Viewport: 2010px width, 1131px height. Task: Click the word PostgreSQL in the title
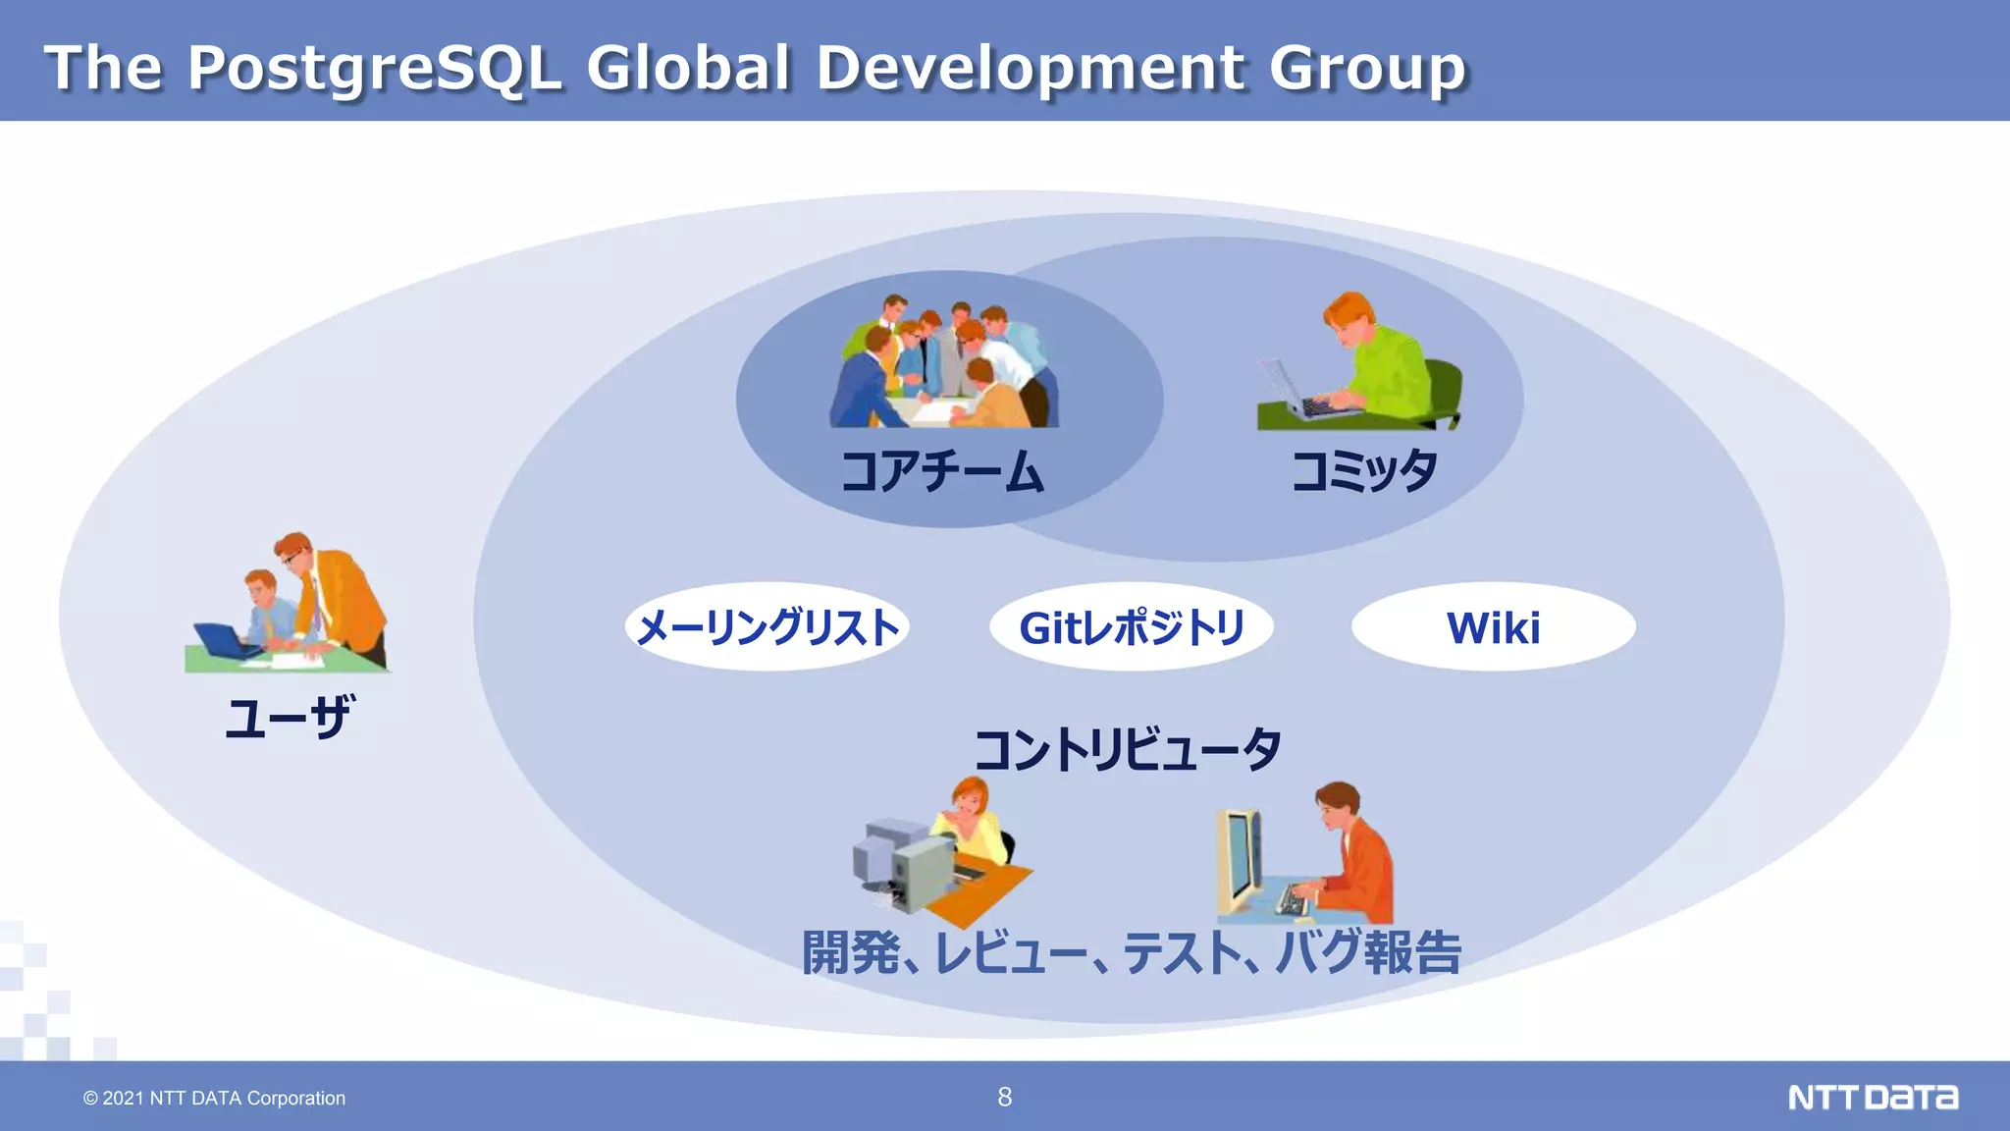(374, 69)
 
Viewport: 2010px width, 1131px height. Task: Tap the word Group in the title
(1367, 69)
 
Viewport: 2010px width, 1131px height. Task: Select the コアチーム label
(942, 471)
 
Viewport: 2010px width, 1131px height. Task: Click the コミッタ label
(1364, 471)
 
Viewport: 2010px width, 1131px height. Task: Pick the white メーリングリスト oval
(767, 626)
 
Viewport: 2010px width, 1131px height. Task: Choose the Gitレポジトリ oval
(1132, 626)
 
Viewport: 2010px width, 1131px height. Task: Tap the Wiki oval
(1493, 626)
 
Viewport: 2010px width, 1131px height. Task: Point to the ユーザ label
(288, 717)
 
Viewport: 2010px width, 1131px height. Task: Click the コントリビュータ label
(1128, 749)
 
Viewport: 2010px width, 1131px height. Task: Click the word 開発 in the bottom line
(850, 951)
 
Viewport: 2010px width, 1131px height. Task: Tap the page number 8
(1004, 1097)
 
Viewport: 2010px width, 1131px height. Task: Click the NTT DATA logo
(1873, 1097)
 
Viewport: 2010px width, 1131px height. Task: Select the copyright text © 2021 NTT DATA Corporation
(214, 1098)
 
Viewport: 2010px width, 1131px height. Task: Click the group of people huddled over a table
(944, 363)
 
